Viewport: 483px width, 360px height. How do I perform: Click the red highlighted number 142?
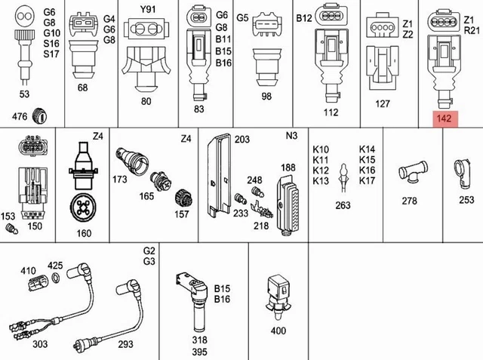click(444, 118)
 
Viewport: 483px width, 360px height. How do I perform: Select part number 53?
click(24, 94)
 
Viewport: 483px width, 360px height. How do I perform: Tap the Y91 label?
click(147, 11)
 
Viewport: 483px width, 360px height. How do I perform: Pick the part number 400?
click(278, 331)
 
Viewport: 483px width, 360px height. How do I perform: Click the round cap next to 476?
click(42, 115)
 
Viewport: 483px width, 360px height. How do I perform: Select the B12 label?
click(303, 17)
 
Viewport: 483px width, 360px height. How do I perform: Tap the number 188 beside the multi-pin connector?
click(288, 167)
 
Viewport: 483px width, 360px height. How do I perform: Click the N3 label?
click(292, 139)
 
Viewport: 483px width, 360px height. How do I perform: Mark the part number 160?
click(84, 232)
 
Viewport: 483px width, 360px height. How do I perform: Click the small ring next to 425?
click(55, 279)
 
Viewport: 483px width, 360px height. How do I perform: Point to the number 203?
click(241, 140)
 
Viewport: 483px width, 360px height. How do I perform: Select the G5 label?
click(242, 17)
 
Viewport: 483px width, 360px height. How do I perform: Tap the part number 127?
click(383, 104)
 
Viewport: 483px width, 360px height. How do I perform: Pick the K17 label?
click(367, 181)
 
